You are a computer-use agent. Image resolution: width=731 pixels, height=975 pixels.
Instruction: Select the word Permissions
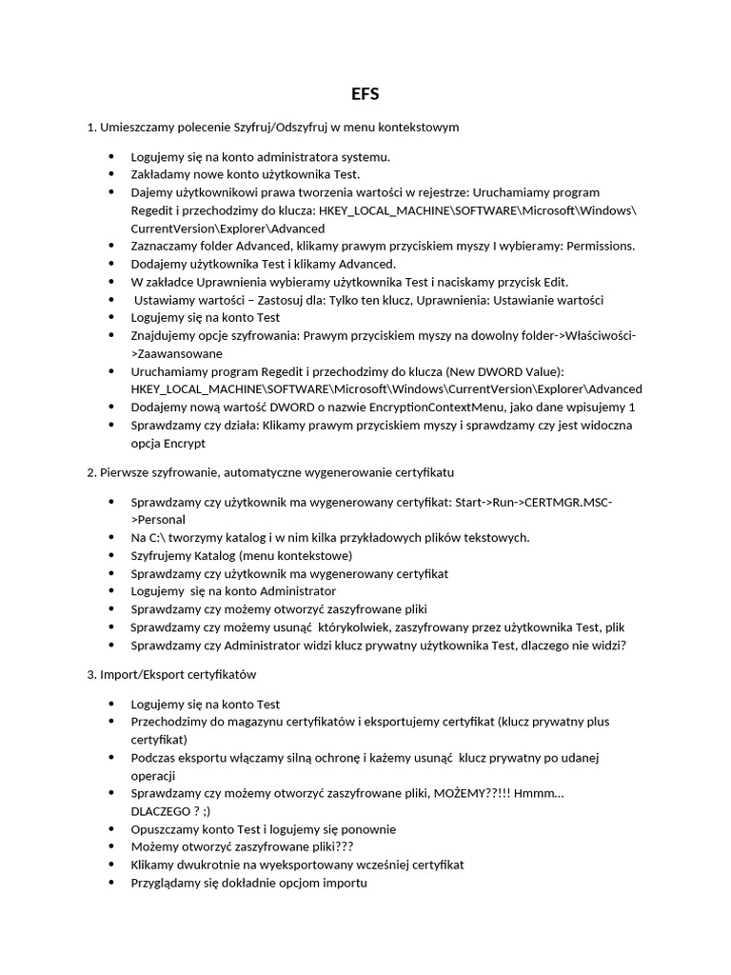click(x=600, y=247)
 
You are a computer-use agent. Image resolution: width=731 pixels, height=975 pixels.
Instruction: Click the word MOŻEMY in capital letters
click(x=461, y=793)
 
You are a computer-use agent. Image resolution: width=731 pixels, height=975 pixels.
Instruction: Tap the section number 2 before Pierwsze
click(x=90, y=472)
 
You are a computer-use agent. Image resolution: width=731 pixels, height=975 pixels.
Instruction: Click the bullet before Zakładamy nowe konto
click(x=110, y=174)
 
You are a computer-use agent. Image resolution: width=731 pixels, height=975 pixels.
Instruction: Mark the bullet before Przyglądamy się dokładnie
click(x=110, y=883)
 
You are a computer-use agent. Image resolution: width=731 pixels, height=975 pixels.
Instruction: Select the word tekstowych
click(x=494, y=538)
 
